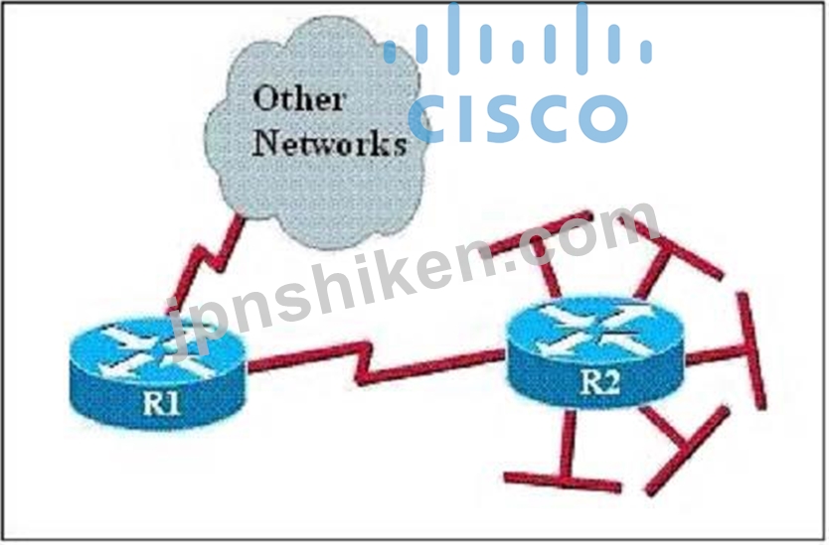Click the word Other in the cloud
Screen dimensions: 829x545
pos(299,98)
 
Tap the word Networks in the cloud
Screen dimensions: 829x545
pos(330,142)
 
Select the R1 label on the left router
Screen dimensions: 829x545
pos(162,404)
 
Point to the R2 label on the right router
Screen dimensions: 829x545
pos(599,382)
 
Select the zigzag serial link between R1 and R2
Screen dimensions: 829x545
pos(370,363)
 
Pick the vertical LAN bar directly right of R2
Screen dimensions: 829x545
pos(750,351)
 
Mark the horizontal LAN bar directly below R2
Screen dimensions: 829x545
pos(562,481)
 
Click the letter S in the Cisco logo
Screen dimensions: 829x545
pos(509,119)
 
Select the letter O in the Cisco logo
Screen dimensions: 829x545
pos(602,119)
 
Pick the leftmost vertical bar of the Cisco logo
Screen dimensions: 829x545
pos(391,51)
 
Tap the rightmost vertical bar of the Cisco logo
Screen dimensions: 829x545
pos(645,51)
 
